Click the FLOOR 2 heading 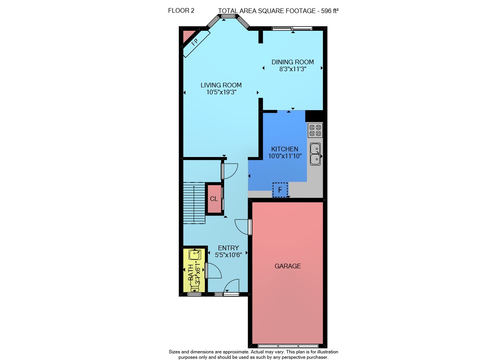(x=181, y=10)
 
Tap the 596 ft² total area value (x=330, y=11)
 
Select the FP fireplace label (x=195, y=42)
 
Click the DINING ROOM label (x=292, y=62)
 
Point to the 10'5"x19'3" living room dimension (x=221, y=92)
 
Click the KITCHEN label (x=285, y=149)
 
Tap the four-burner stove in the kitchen (x=315, y=130)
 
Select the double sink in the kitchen (x=315, y=154)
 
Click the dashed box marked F (x=280, y=190)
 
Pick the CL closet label (x=214, y=199)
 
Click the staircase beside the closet (x=194, y=203)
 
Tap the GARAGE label (x=288, y=266)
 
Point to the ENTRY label (x=228, y=248)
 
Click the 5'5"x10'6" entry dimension (x=228, y=255)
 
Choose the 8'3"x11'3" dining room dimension (x=292, y=69)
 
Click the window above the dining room (x=292, y=28)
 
